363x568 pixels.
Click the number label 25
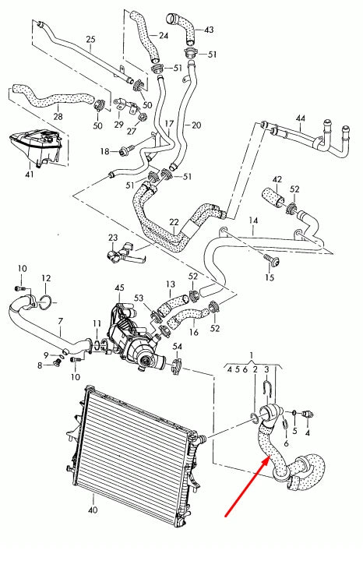(90, 39)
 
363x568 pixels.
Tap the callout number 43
(209, 30)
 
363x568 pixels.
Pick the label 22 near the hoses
(174, 223)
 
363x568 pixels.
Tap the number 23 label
(113, 238)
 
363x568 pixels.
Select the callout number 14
(252, 221)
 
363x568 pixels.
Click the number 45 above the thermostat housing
(119, 288)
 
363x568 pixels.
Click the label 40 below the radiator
(93, 510)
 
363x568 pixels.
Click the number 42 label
(276, 179)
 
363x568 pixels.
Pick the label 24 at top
(163, 35)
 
